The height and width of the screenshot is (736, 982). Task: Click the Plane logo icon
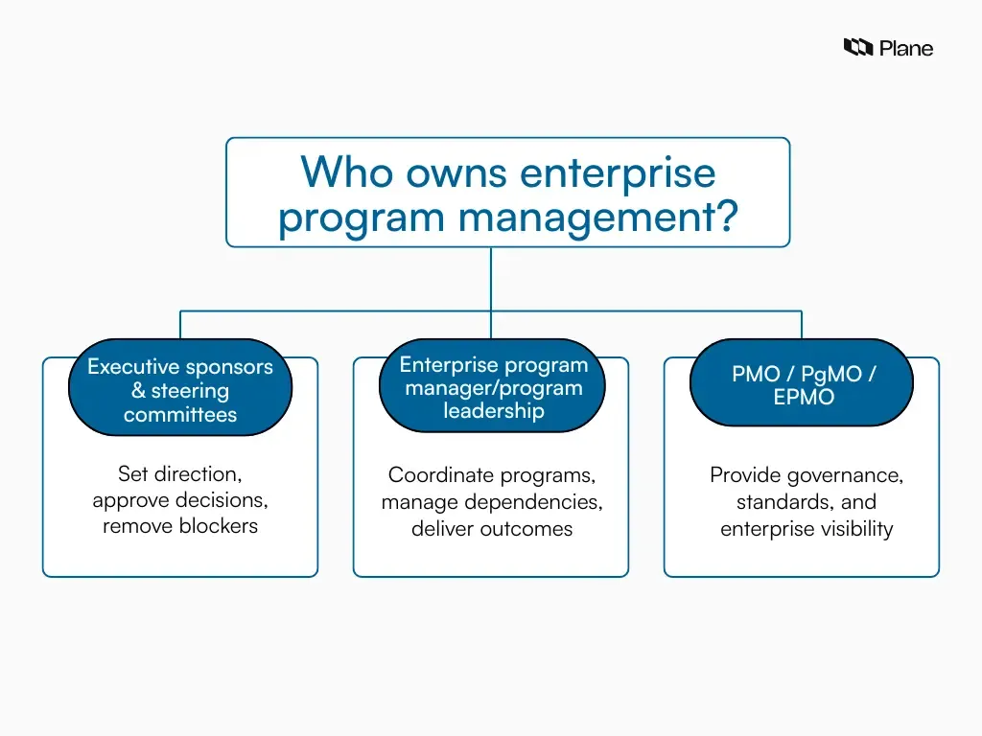click(858, 47)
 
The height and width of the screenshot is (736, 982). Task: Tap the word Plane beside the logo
click(905, 48)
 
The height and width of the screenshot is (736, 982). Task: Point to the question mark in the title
click(727, 217)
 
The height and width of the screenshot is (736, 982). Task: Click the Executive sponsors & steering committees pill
click(180, 390)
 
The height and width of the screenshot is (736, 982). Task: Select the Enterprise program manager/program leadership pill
click(493, 388)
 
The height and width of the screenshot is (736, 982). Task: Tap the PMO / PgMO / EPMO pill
click(803, 385)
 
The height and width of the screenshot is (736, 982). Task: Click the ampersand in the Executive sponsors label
click(138, 391)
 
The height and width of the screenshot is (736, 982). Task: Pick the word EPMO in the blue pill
click(804, 398)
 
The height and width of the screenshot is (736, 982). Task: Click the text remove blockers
click(180, 525)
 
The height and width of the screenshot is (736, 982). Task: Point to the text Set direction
click(179, 473)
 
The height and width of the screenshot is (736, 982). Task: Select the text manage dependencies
click(492, 502)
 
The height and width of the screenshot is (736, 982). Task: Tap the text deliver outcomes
click(492, 529)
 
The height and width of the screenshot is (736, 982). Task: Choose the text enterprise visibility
click(807, 529)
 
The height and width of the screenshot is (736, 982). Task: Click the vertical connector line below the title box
click(491, 278)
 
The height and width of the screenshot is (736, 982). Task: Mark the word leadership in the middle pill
click(493, 411)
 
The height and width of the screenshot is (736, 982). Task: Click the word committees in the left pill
click(180, 415)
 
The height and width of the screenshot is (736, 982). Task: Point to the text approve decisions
click(180, 499)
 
